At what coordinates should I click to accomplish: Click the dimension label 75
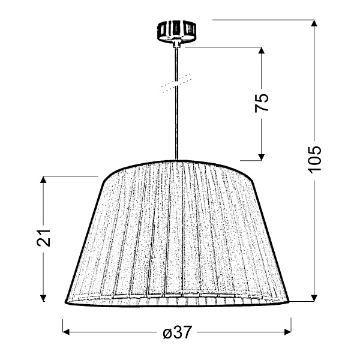pyautogui.click(x=262, y=103)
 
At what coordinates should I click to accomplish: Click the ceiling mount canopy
pyautogui.click(x=176, y=29)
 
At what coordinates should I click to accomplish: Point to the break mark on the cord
pyautogui.click(x=176, y=83)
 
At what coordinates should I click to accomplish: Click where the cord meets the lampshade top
pyautogui.click(x=176, y=161)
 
